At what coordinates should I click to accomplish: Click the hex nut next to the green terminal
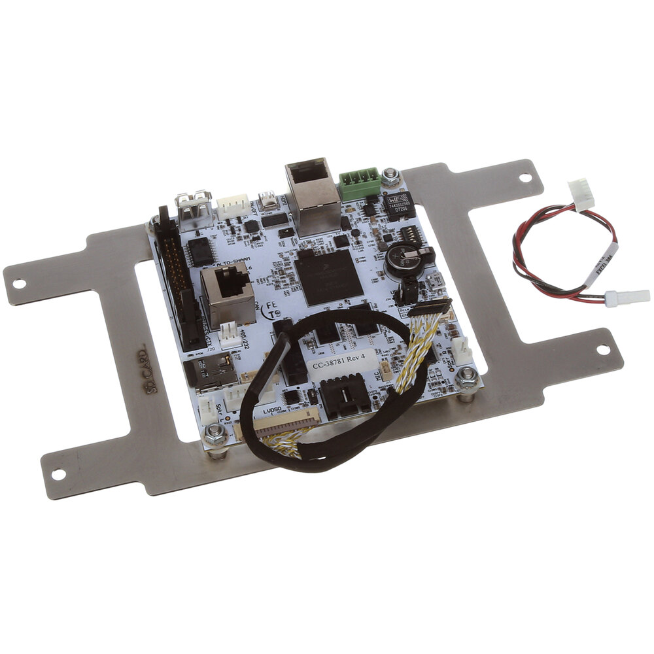click(391, 175)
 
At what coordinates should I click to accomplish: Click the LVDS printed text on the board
click(271, 411)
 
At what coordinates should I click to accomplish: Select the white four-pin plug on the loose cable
click(579, 193)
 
